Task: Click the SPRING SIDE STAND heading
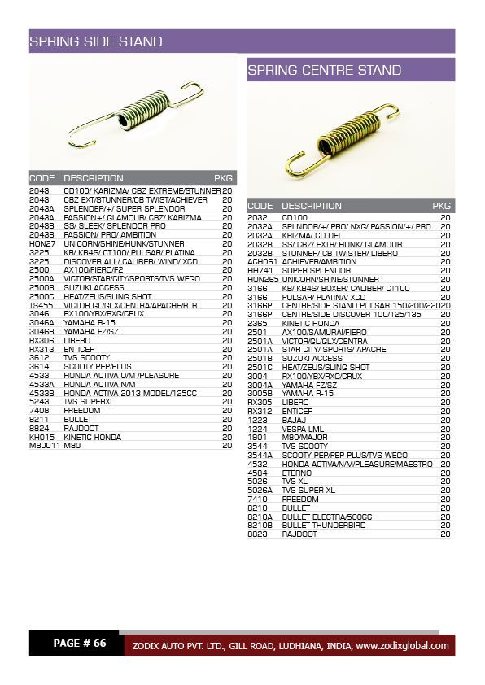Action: click(x=96, y=41)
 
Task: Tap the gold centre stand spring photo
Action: click(x=351, y=140)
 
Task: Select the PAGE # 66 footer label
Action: click(x=80, y=644)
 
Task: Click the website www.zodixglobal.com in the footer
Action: click(x=402, y=646)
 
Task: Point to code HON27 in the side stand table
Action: click(x=42, y=243)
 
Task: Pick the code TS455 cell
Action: click(x=41, y=305)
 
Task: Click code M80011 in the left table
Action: click(x=45, y=446)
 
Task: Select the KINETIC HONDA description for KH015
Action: click(x=92, y=438)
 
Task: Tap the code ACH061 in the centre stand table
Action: click(x=263, y=262)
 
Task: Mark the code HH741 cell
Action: click(x=260, y=271)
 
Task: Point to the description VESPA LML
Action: click(x=303, y=429)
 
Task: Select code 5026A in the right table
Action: click(x=260, y=491)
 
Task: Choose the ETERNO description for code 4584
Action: click(x=296, y=473)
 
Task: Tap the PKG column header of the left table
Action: click(x=223, y=178)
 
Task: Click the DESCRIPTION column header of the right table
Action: click(x=312, y=206)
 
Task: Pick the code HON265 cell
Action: click(x=263, y=280)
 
